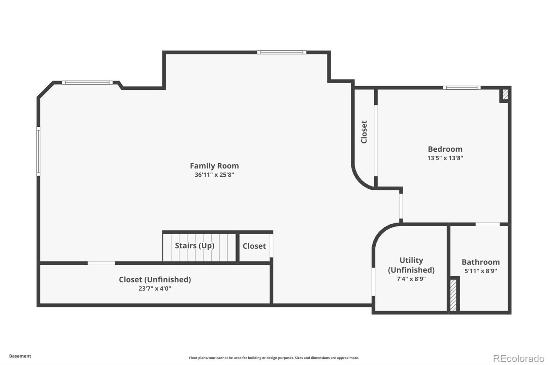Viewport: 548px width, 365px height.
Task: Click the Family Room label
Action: (214, 166)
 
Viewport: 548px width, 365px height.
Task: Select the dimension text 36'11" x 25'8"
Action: (214, 175)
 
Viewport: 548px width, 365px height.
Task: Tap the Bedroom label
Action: (445, 149)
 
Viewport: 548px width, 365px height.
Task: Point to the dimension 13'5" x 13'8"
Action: (445, 158)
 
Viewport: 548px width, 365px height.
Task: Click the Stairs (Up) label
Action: (195, 246)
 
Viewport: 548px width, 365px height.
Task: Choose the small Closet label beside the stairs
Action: (254, 246)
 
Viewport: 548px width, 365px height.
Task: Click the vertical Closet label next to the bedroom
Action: (364, 132)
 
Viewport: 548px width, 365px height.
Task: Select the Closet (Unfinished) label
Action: (155, 279)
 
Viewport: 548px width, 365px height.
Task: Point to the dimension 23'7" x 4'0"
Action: (155, 288)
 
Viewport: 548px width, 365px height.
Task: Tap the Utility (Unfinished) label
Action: (411, 265)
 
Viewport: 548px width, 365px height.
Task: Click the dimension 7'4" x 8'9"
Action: (411, 279)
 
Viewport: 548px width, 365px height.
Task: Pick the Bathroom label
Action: (481, 262)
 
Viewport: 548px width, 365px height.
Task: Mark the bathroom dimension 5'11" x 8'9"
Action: (481, 271)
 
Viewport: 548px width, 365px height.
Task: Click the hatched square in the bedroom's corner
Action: (505, 94)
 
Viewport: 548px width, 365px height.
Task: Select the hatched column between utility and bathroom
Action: (453, 295)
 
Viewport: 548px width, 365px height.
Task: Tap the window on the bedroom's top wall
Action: (461, 88)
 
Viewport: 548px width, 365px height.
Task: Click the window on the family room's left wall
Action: (38, 151)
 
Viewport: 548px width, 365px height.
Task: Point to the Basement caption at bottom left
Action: (20, 356)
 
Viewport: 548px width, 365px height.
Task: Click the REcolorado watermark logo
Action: (519, 358)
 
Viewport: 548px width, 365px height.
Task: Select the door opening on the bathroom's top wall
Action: (487, 224)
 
